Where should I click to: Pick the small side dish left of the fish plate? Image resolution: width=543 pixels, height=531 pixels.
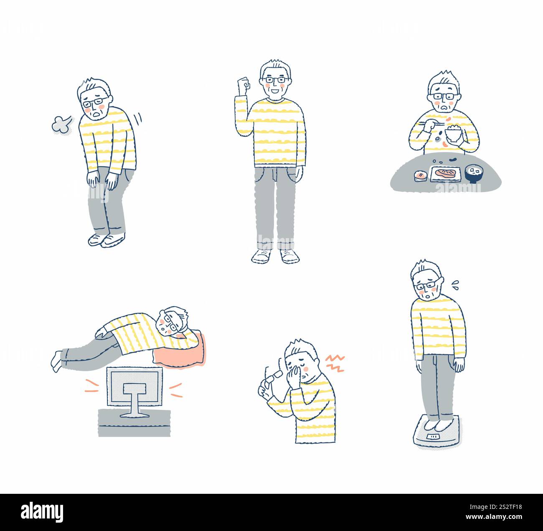[421, 176]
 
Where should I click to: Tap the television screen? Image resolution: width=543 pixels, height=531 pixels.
[135, 386]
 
